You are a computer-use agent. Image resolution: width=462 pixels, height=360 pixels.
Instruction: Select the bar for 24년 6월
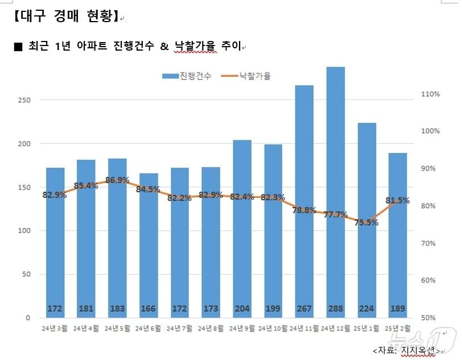(x=148, y=245)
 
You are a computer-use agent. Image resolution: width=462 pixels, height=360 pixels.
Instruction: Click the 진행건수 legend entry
(x=187, y=76)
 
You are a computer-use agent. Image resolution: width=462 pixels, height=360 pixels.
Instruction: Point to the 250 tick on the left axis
(x=23, y=100)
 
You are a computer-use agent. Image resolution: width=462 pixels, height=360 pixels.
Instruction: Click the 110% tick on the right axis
(x=430, y=94)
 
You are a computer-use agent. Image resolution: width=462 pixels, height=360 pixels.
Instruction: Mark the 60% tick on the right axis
(x=430, y=280)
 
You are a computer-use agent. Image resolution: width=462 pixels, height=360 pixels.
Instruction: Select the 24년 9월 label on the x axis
(x=242, y=329)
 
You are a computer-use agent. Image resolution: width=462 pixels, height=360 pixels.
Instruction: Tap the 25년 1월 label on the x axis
(x=366, y=329)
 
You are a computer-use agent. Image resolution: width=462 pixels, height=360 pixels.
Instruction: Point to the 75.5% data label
(x=366, y=222)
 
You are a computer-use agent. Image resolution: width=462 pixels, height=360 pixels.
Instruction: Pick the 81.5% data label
(x=398, y=200)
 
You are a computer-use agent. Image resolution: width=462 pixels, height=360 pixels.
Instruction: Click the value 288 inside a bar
(x=336, y=309)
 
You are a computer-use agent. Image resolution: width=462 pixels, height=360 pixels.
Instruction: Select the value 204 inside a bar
(x=242, y=309)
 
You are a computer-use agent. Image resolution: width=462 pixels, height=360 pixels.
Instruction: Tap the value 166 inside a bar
(x=148, y=309)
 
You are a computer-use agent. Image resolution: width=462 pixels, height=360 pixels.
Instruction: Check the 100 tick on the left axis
(x=23, y=230)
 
